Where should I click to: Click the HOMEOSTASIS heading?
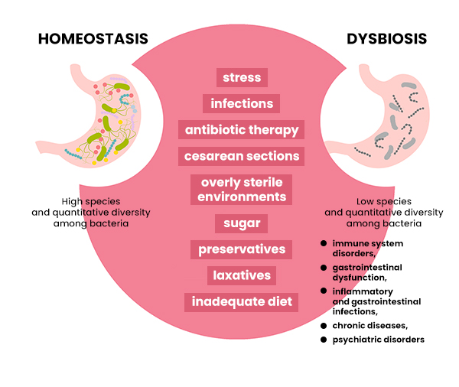click(x=93, y=39)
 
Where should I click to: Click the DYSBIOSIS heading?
click(x=386, y=39)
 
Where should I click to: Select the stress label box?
click(x=242, y=77)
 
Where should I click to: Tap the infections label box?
click(x=241, y=103)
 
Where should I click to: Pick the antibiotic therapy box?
click(x=241, y=129)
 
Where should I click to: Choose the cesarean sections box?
click(x=241, y=156)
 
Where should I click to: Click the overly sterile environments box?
click(x=241, y=190)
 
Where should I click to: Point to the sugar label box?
click(x=241, y=223)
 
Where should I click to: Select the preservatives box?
click(x=241, y=249)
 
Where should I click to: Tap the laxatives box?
click(x=242, y=275)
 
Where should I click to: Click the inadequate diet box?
click(x=241, y=302)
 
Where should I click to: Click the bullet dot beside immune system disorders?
click(x=324, y=243)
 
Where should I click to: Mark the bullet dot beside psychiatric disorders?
click(x=324, y=340)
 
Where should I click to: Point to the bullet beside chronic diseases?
click(x=324, y=326)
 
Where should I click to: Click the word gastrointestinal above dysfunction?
click(x=367, y=268)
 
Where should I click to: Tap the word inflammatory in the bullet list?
click(x=363, y=292)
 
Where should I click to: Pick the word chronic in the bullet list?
click(x=348, y=326)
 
